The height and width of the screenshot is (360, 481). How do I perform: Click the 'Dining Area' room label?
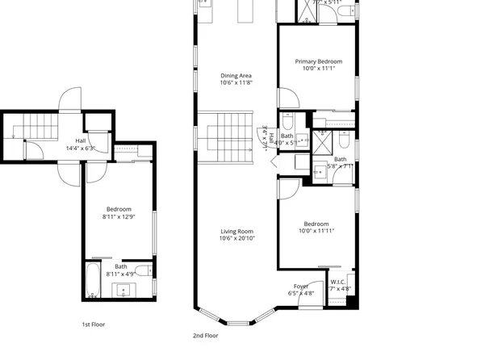pos(236,76)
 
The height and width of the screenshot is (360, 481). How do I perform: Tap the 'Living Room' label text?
pos(237,232)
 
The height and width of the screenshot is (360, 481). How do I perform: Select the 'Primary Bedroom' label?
pos(318,61)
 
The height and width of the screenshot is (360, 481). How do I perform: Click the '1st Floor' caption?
pos(93,324)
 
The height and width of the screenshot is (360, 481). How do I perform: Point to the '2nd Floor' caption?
pos(205,335)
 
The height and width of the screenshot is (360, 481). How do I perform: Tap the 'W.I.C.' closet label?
pos(338,282)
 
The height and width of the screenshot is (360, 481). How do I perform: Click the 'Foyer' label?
pos(301,286)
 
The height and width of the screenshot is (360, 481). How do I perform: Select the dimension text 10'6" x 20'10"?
pos(237,239)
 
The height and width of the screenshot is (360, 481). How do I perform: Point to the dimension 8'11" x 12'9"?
pos(119,216)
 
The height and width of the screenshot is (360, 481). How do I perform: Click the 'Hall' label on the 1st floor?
pos(81,140)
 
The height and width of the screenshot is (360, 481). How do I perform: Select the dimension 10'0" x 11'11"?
pos(316,231)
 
